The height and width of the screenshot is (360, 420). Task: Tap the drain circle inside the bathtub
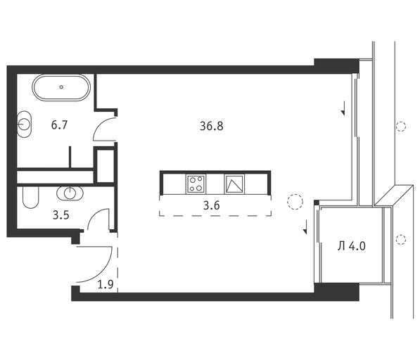click(x=61, y=87)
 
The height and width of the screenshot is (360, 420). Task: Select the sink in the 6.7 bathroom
click(x=24, y=124)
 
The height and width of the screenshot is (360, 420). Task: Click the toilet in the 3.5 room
click(x=30, y=198)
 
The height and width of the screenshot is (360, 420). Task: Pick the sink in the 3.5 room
click(x=70, y=193)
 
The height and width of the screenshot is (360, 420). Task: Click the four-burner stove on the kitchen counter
click(x=196, y=184)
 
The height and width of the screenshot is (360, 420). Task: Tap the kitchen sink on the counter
click(x=234, y=184)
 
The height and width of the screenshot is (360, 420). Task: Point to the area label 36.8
click(x=212, y=126)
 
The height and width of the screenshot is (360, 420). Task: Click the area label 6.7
click(x=60, y=125)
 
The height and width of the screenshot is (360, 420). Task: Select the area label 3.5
click(x=61, y=215)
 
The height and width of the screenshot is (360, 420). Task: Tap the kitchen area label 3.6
click(x=212, y=205)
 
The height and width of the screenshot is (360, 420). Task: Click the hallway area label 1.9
click(x=106, y=284)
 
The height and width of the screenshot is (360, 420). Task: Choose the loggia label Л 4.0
click(x=352, y=246)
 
